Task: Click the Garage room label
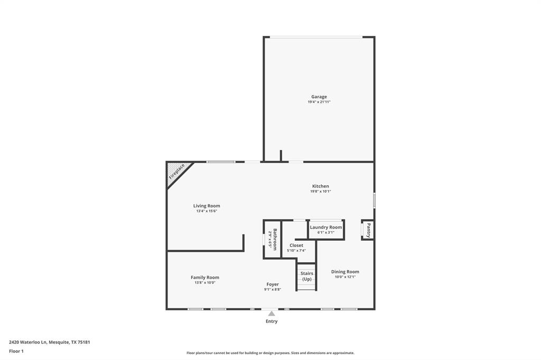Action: [319, 97]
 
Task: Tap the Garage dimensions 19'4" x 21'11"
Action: [319, 102]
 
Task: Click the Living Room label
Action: [207, 206]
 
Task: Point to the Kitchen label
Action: [320, 186]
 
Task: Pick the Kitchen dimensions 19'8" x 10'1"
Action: [320, 192]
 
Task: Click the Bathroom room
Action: [273, 239]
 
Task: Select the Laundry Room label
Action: [325, 227]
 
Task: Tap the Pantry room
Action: [368, 230]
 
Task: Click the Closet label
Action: [296, 245]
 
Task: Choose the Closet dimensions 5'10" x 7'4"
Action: [296, 251]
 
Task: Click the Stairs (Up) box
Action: [306, 277]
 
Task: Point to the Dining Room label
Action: [345, 272]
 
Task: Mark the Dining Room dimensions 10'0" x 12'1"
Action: [345, 277]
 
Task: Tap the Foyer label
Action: [273, 285]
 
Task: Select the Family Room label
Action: [205, 278]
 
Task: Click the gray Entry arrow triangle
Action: [272, 314]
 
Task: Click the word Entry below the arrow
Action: [272, 321]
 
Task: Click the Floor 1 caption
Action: [16, 351]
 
